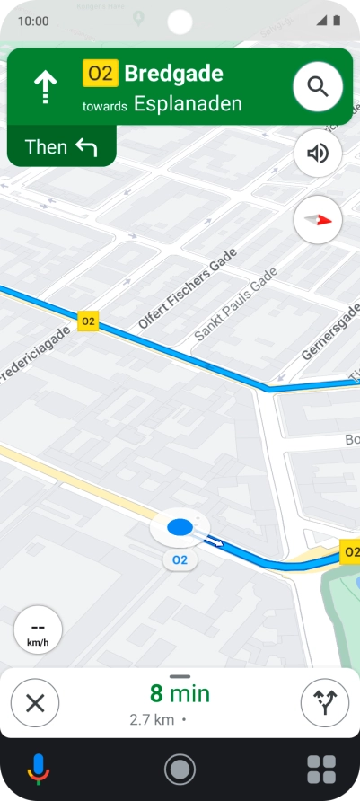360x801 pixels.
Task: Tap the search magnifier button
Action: (x=318, y=86)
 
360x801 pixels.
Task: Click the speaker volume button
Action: (x=318, y=154)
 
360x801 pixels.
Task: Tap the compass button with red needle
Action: (x=318, y=218)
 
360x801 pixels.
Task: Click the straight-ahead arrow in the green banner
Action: (x=46, y=87)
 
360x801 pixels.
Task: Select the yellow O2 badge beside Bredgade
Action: (x=100, y=74)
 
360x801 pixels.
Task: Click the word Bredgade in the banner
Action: (x=173, y=74)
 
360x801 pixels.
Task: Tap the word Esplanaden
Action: (x=188, y=103)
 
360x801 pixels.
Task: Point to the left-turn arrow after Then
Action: (x=86, y=147)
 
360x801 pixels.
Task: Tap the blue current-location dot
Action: (x=180, y=527)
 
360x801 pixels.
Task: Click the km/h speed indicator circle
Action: (x=38, y=629)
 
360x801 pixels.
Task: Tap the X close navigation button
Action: (x=35, y=702)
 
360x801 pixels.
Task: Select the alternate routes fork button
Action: (x=323, y=702)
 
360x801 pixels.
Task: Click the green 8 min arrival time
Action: (x=179, y=693)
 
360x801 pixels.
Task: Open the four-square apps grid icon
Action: (x=321, y=770)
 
